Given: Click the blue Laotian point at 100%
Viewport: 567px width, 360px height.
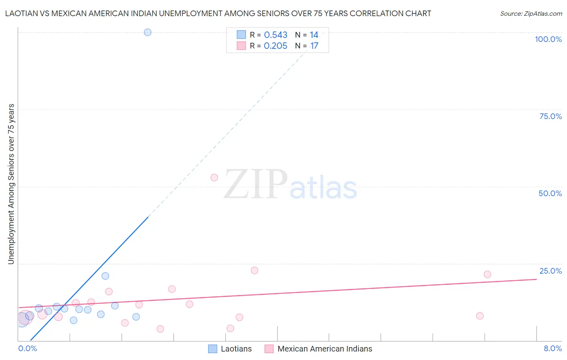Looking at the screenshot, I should click(x=148, y=32).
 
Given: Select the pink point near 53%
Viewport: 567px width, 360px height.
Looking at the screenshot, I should click(x=214, y=178).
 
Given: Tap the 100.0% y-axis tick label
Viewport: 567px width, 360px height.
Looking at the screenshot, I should click(x=548, y=39).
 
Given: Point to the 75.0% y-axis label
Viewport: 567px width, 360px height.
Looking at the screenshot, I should click(x=550, y=116).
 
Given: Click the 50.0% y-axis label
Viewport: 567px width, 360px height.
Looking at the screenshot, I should click(x=550, y=193).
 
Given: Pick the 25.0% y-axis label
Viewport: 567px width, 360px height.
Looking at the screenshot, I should click(x=550, y=271).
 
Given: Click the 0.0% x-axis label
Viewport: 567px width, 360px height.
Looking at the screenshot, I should click(x=27, y=348).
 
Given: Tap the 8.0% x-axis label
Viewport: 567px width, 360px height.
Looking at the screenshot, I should click(x=552, y=348).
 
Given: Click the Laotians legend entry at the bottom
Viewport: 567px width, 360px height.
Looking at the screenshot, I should click(x=236, y=349).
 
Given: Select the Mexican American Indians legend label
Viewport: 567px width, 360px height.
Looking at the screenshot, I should click(x=325, y=349).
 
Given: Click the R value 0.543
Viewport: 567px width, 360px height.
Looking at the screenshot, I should click(x=275, y=35).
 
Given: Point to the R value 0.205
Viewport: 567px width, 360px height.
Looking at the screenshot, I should click(x=275, y=46).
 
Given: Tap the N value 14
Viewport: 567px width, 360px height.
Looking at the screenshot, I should click(x=314, y=35).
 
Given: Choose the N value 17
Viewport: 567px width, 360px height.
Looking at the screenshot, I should click(x=314, y=46).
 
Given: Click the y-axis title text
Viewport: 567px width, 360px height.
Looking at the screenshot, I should click(x=11, y=184).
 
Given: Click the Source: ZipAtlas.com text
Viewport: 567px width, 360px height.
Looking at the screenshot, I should click(x=531, y=14).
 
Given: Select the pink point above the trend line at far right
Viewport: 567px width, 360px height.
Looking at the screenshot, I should click(x=487, y=274).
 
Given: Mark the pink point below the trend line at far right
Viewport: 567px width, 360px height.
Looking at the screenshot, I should click(x=479, y=316).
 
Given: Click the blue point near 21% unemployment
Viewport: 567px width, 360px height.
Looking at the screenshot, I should click(x=105, y=276).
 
